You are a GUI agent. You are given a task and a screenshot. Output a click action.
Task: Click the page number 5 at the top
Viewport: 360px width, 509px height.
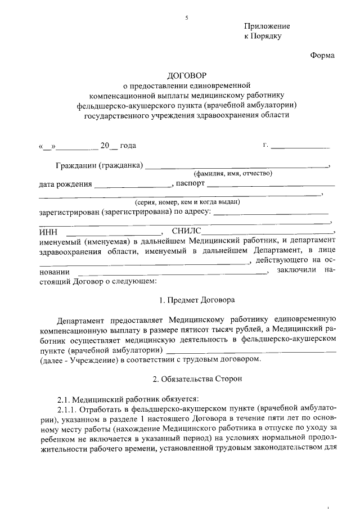186,19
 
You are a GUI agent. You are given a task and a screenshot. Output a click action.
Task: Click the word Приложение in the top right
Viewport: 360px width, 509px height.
267,26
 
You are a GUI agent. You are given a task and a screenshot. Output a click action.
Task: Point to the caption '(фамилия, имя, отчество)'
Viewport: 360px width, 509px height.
233,174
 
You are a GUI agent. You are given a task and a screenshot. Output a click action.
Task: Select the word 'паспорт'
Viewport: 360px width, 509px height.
190,183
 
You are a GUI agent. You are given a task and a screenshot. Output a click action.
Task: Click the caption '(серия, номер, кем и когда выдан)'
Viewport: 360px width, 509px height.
187,202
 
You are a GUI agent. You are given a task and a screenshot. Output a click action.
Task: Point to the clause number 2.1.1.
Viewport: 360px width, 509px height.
68,408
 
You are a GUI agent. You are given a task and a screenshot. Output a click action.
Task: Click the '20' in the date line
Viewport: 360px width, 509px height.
105,146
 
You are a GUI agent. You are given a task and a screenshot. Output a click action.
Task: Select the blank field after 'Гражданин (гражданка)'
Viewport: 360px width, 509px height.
237,166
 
